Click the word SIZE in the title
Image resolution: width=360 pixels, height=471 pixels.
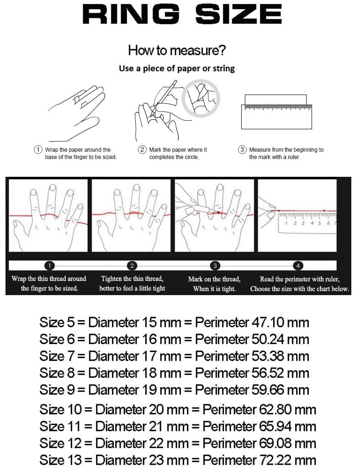pos(239,14)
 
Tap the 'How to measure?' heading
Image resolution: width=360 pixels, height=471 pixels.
pos(177,50)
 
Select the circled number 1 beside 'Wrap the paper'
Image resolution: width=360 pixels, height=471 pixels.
pos(38,149)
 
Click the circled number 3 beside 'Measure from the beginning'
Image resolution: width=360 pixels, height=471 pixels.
pos(242,149)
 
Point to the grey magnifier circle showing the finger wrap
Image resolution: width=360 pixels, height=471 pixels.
pos(201,99)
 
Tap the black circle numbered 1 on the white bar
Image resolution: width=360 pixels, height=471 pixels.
pos(49,265)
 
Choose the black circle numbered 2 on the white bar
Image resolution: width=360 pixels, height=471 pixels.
pos(132,265)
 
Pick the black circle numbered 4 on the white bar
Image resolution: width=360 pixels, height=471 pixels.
pos(298,265)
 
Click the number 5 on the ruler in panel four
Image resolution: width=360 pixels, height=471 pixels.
pos(319,223)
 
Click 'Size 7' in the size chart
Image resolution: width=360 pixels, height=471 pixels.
pos(57,356)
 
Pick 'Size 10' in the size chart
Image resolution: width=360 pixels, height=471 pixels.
pos(60,410)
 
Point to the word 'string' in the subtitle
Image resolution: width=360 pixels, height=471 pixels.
pos(223,69)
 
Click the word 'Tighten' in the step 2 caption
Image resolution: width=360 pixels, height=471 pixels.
pos(111,279)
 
